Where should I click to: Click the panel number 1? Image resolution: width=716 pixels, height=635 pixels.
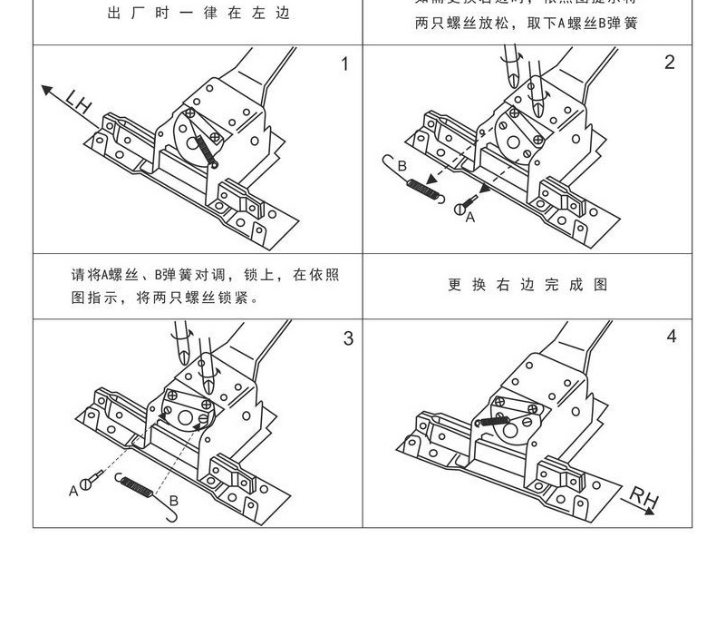[x=343, y=63]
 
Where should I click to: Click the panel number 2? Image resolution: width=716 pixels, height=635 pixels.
[x=670, y=63]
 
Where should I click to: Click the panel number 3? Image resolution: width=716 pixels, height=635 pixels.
[x=348, y=338]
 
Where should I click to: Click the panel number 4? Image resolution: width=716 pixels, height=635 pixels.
[x=672, y=337]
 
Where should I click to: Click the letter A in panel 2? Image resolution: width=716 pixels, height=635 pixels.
[x=469, y=218]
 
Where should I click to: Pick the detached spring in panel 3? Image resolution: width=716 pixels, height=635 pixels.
[x=139, y=489]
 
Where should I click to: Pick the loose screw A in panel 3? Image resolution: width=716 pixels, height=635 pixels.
[x=90, y=483]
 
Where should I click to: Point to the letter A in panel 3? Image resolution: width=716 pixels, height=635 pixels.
[x=73, y=491]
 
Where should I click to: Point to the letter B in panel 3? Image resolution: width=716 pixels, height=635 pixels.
[x=173, y=499]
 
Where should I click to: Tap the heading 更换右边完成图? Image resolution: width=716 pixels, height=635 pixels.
[x=527, y=285]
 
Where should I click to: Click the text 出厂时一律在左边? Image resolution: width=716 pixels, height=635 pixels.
[x=198, y=15]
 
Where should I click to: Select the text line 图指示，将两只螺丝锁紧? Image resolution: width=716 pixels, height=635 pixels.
[x=166, y=297]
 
